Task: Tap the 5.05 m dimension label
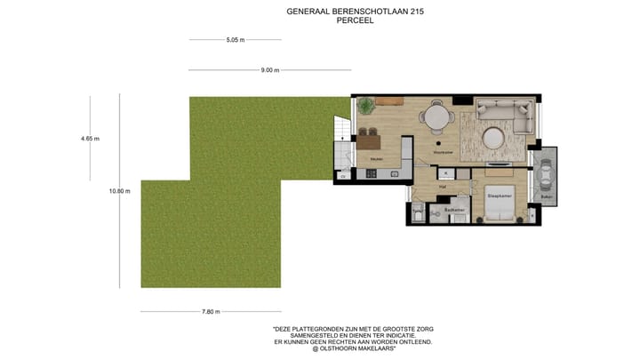(235, 40)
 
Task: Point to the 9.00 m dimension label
(270, 70)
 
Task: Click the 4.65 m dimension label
(90, 139)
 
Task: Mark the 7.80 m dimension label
(210, 311)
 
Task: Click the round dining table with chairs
(436, 116)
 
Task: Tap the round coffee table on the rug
(493, 138)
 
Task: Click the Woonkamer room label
(443, 152)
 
